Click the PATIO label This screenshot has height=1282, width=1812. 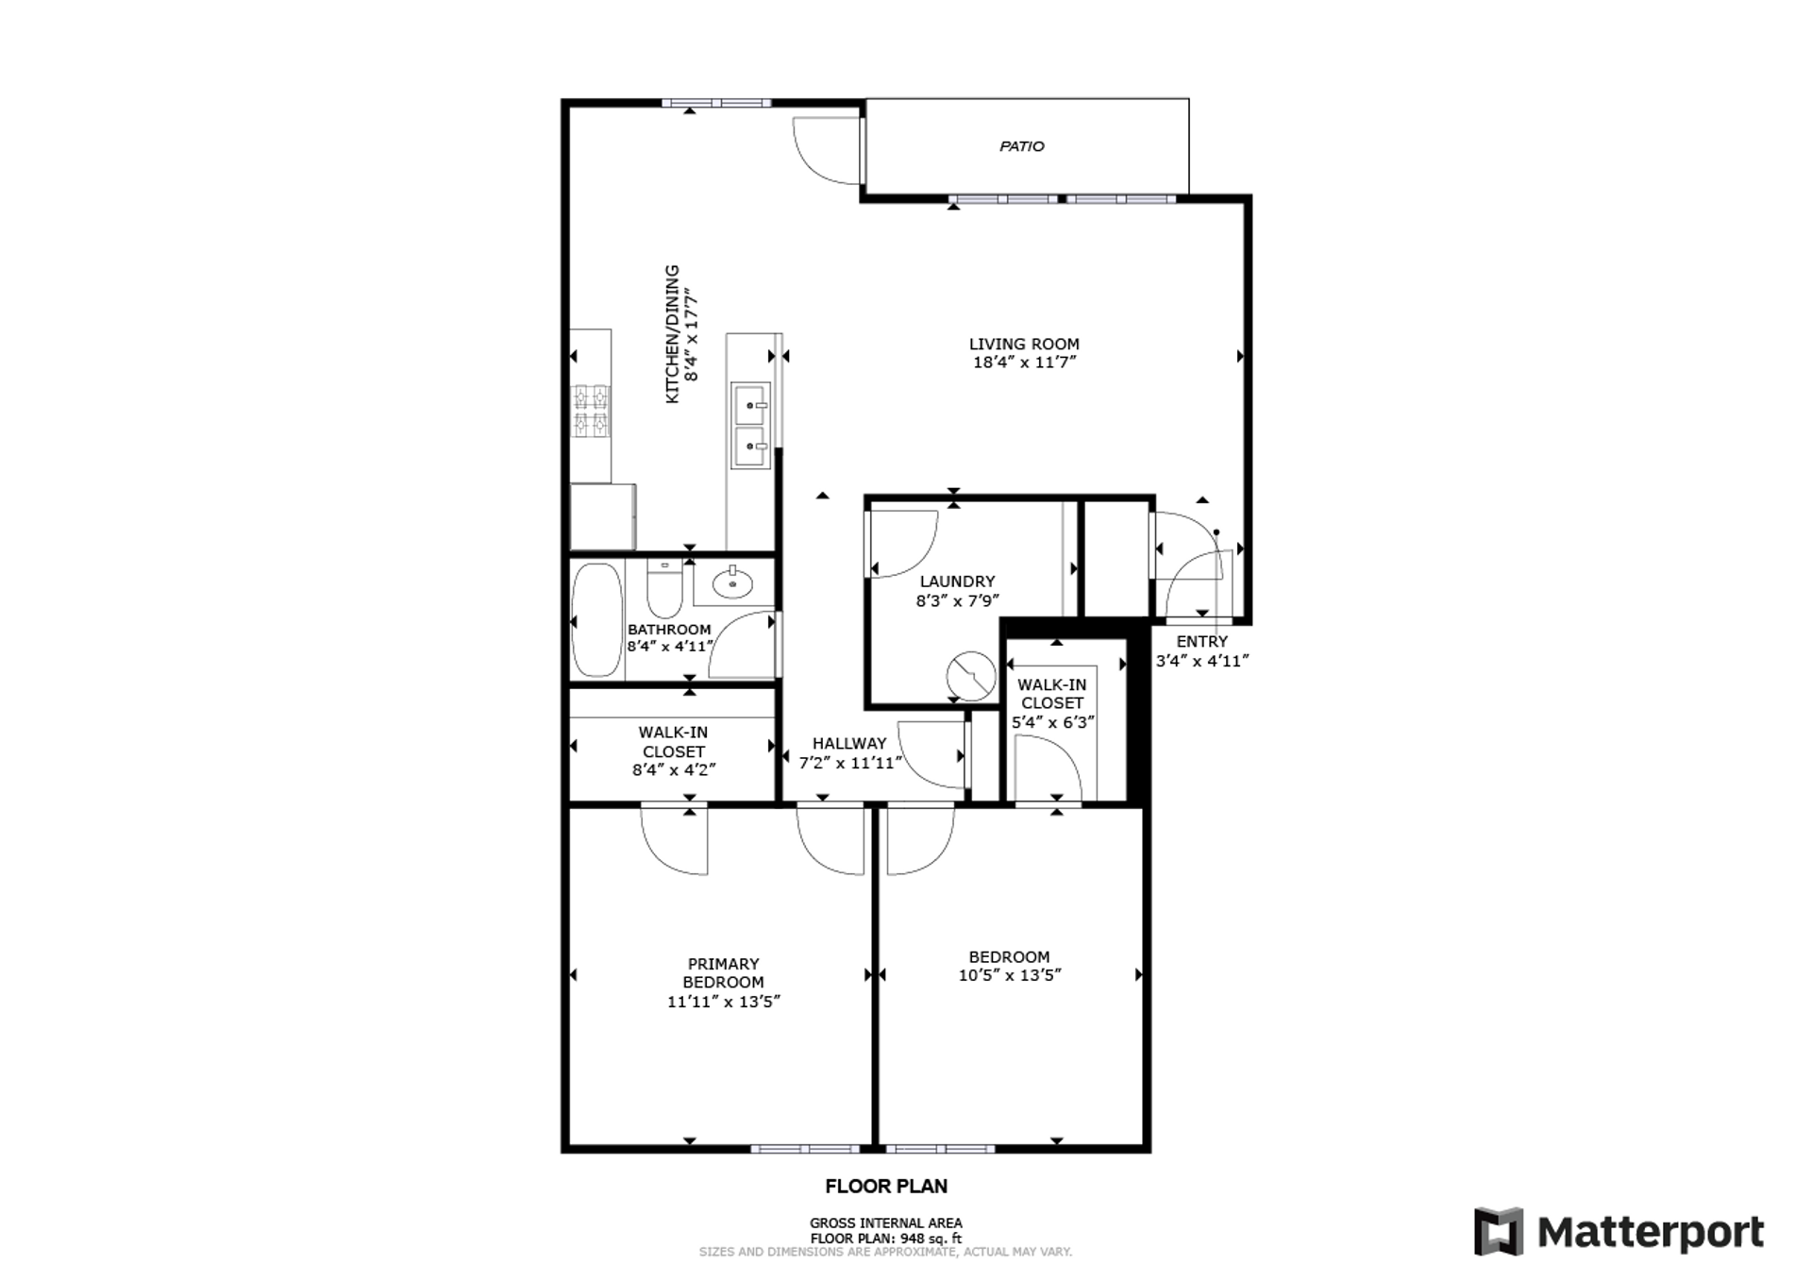click(1022, 146)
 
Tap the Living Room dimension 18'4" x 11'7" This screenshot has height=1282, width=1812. click(1024, 363)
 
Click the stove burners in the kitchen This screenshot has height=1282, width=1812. click(592, 411)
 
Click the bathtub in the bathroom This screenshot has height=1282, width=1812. click(596, 619)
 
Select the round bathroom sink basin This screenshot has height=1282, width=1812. click(732, 583)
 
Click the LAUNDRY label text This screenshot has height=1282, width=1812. click(957, 582)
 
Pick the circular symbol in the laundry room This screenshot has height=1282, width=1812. click(971, 676)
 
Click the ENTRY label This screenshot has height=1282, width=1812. click(1201, 641)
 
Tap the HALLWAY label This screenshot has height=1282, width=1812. click(849, 743)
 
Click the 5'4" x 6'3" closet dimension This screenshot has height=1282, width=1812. click(1053, 722)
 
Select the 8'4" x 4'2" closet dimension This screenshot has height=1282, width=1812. click(674, 769)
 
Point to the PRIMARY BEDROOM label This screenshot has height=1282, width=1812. click(723, 972)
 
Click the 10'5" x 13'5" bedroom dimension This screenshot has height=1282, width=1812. click(1010, 975)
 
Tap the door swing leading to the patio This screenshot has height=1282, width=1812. click(827, 151)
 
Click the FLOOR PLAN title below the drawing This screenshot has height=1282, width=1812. click(886, 1187)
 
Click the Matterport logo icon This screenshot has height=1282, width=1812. click(1499, 1231)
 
